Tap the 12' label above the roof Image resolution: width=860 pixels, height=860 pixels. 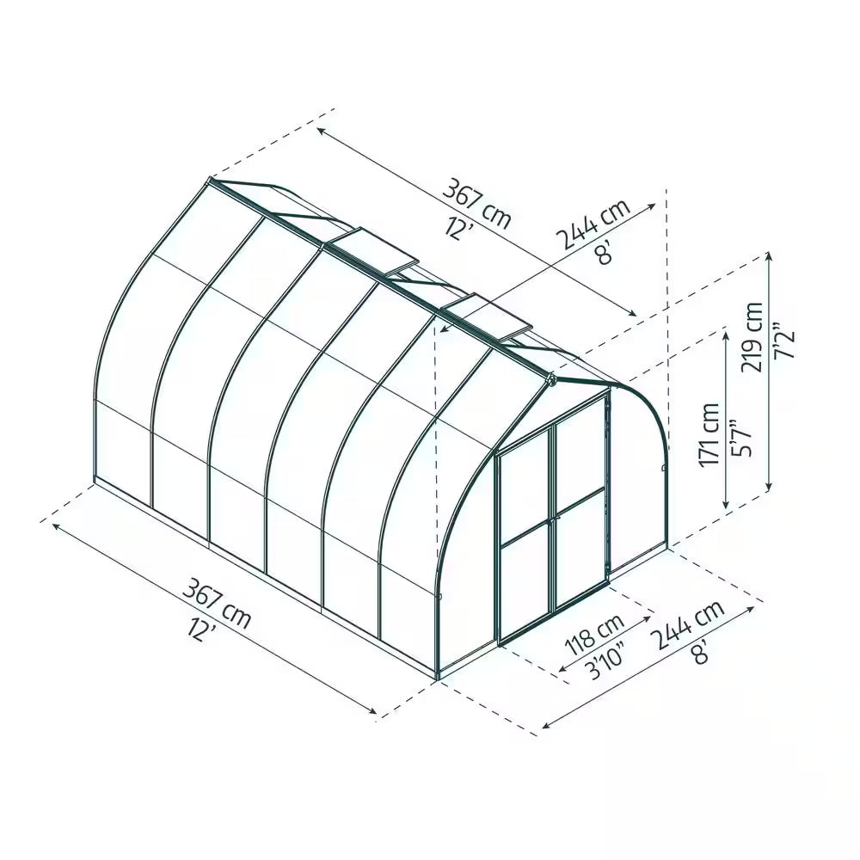pos(460,227)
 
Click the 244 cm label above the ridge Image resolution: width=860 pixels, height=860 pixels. pos(593,223)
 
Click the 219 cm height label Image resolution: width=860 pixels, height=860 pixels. pos(754,336)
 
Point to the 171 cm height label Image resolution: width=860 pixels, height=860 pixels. pos(709,435)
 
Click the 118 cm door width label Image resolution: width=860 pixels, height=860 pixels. pos(593,633)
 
